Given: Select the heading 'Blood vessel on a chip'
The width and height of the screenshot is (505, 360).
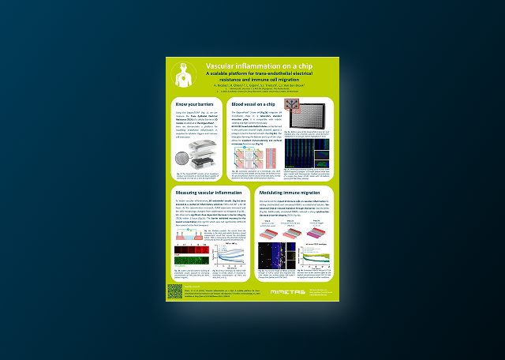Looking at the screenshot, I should [x=253, y=104].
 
